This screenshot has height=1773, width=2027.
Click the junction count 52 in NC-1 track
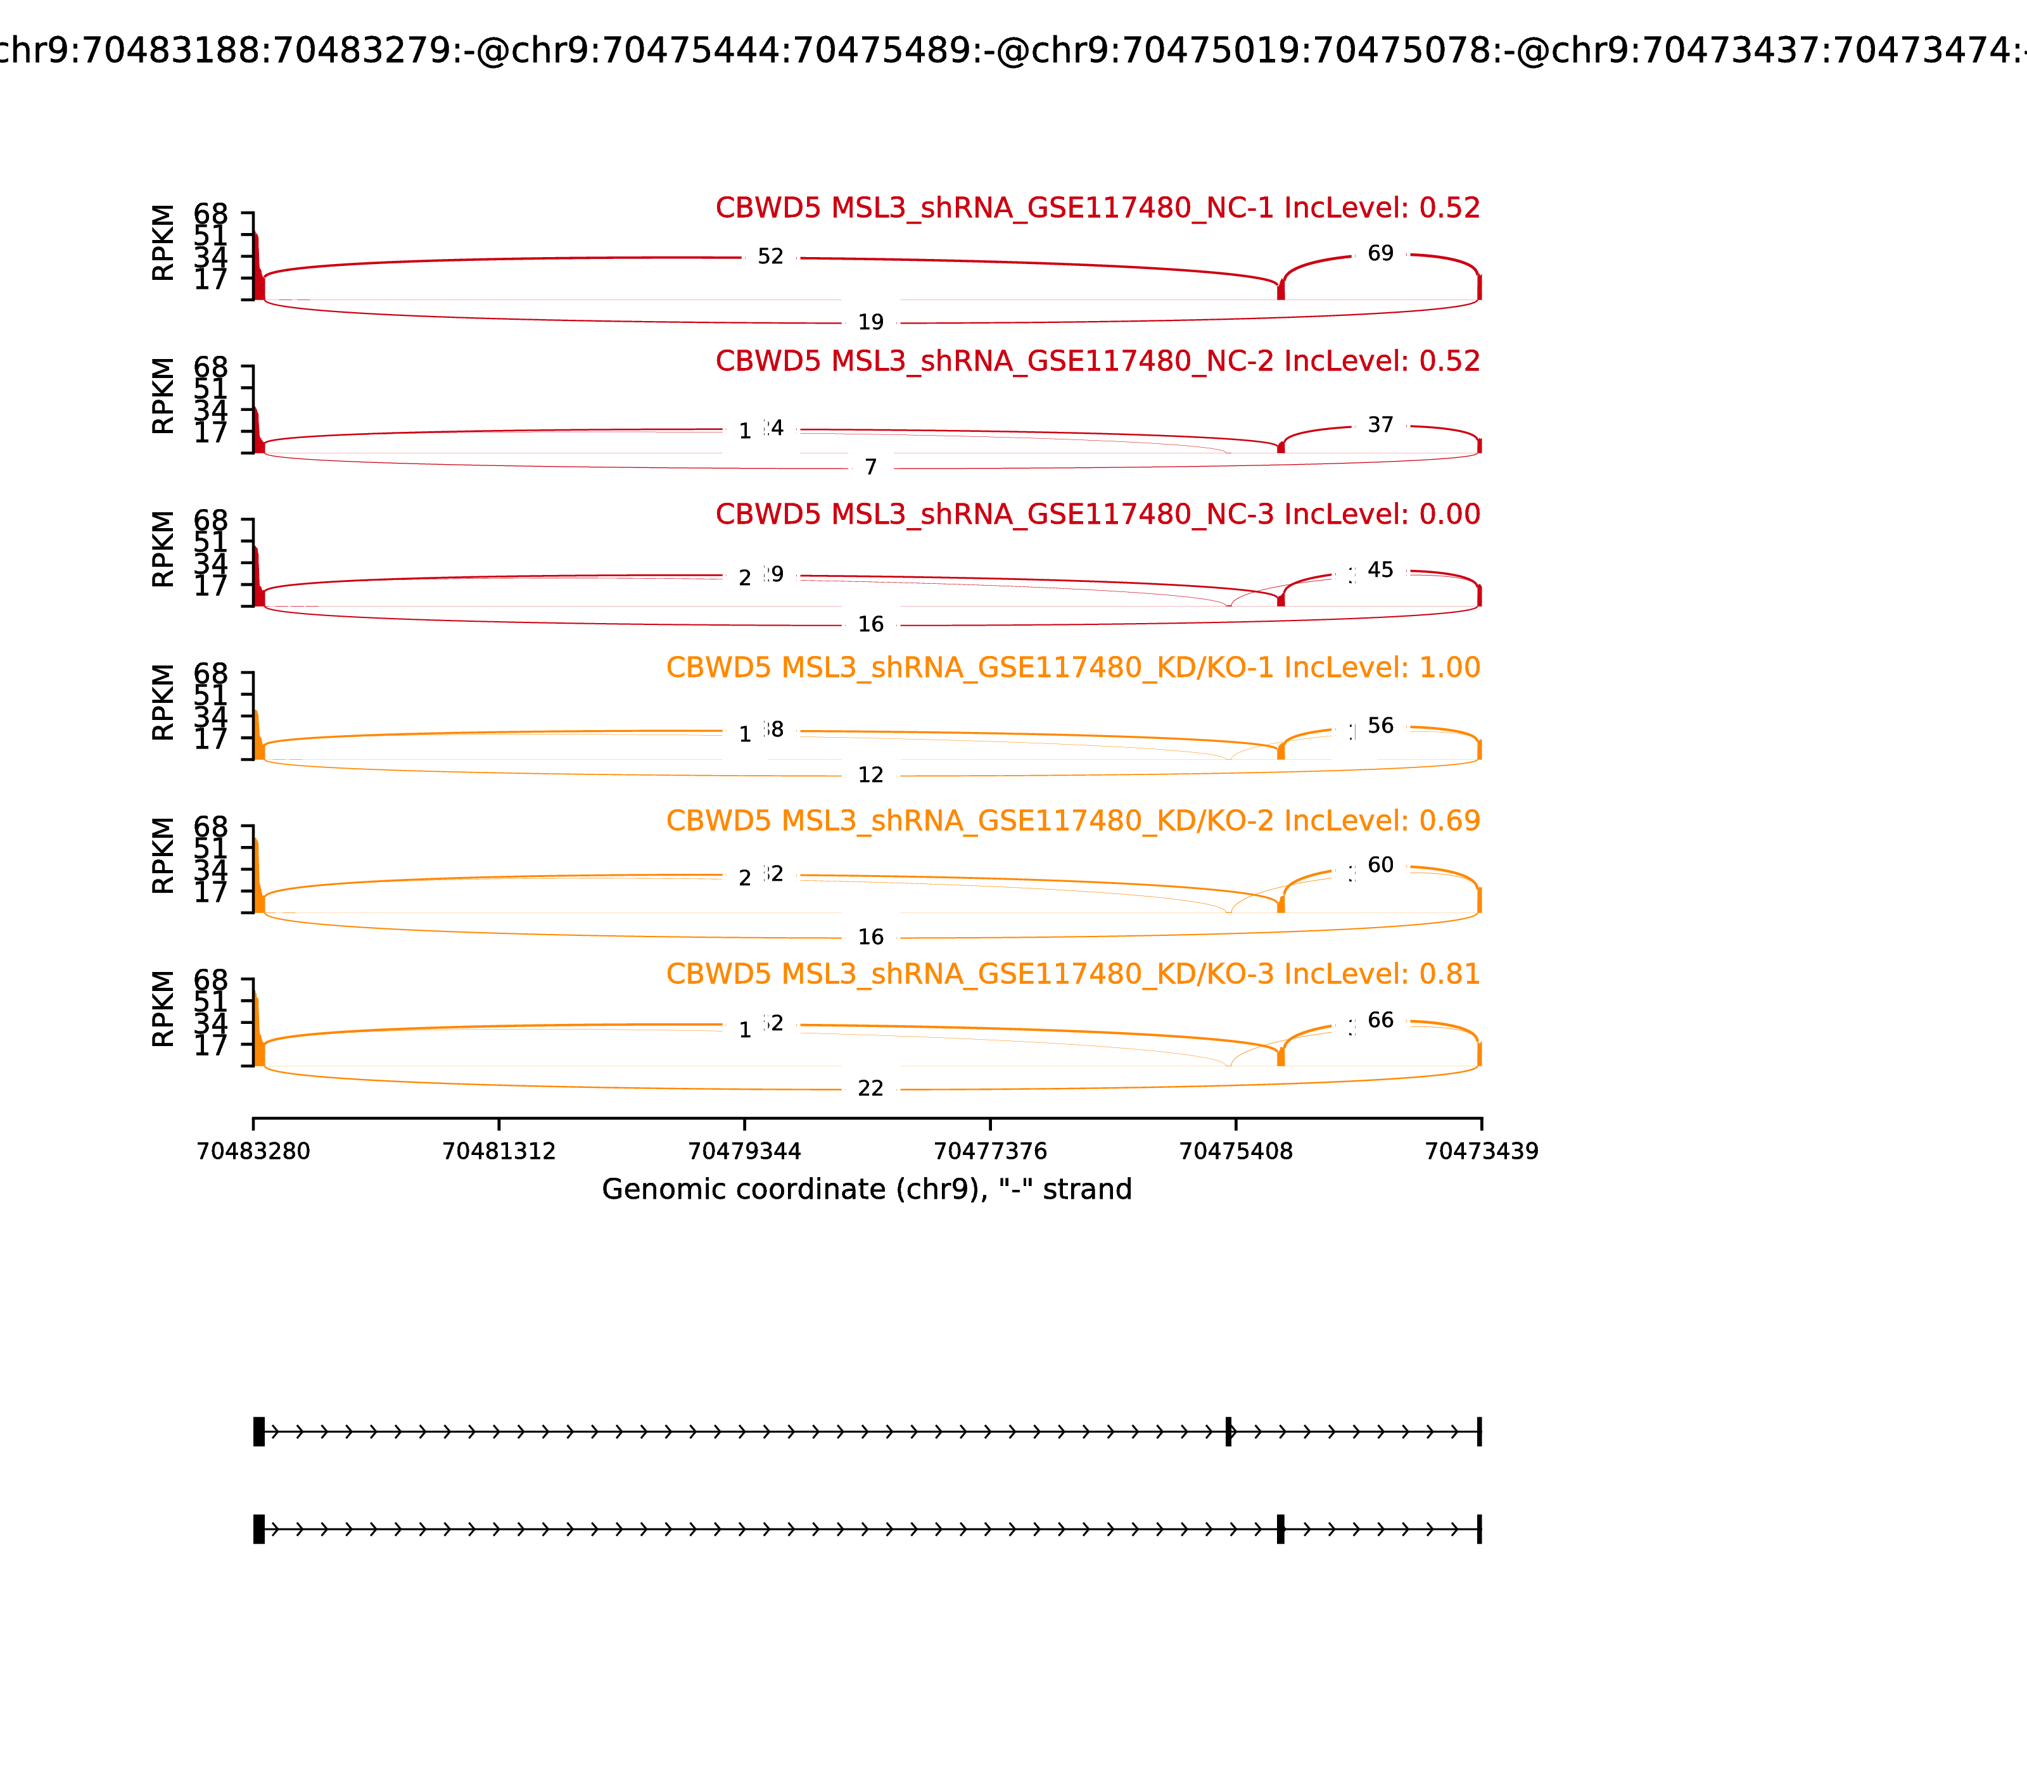770,257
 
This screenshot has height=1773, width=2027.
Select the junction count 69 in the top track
1380,255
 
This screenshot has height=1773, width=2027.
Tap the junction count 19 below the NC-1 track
870,322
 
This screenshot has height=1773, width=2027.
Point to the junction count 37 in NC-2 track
1380,426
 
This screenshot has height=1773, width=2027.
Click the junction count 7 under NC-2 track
870,467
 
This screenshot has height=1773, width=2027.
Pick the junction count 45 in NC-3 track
1380,571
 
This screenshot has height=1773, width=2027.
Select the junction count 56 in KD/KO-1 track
1380,726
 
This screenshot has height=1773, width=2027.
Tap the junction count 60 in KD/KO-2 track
1380,866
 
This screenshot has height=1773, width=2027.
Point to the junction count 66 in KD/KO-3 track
1380,1021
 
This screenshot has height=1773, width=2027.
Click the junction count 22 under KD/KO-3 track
870,1089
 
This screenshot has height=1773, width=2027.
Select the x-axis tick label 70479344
744,1152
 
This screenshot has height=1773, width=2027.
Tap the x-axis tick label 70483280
253,1152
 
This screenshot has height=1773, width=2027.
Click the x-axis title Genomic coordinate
866,1189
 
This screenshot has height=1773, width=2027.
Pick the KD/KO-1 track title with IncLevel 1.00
1073,668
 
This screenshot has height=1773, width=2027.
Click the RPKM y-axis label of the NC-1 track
163,243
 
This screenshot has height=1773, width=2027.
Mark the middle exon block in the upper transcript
1228,1432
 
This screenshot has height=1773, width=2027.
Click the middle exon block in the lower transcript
1280,1529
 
